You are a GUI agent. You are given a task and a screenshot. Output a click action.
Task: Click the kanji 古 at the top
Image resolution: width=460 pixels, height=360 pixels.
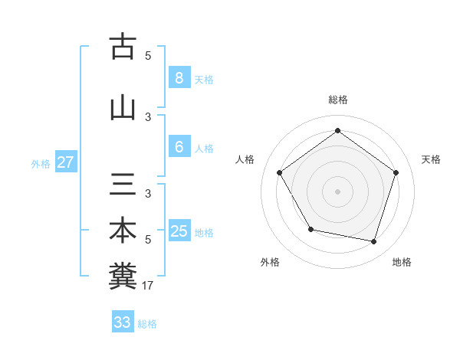123,46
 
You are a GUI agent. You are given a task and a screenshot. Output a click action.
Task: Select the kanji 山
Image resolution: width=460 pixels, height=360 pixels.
123,107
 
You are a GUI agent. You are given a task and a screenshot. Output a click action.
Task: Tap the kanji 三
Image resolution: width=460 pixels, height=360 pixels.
123,184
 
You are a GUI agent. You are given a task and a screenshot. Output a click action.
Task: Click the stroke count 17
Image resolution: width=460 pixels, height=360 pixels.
149,286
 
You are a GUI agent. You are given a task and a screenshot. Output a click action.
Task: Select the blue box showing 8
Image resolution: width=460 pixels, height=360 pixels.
179,77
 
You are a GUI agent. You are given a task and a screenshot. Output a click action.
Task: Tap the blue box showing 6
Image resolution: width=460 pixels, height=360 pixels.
179,147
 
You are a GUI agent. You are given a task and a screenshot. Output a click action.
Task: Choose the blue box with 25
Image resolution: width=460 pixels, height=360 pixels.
179,231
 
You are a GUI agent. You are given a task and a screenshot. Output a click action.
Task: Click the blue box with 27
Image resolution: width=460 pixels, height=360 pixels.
65,162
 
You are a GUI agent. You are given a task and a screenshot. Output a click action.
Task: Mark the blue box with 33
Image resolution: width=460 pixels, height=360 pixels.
122,322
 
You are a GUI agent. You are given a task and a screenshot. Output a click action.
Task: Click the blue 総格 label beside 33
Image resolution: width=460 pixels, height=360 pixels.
147,324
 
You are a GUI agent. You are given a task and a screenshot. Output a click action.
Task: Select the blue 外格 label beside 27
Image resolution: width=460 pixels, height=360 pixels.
41,163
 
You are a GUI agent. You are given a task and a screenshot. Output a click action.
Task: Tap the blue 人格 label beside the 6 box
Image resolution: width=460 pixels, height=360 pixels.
204,149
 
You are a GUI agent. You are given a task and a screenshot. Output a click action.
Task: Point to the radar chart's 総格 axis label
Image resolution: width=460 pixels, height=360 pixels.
337,100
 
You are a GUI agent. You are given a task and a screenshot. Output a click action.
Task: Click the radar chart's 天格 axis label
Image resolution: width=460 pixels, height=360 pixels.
431,159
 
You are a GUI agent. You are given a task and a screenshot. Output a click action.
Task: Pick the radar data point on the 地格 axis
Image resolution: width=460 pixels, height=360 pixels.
374,242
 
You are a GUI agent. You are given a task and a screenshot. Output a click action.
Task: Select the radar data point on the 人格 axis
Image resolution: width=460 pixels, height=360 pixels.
279,172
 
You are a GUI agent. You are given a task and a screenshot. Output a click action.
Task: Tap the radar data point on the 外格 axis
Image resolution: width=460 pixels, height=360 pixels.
310,229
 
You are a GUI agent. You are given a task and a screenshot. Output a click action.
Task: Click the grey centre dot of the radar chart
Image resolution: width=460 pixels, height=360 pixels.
337,191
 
